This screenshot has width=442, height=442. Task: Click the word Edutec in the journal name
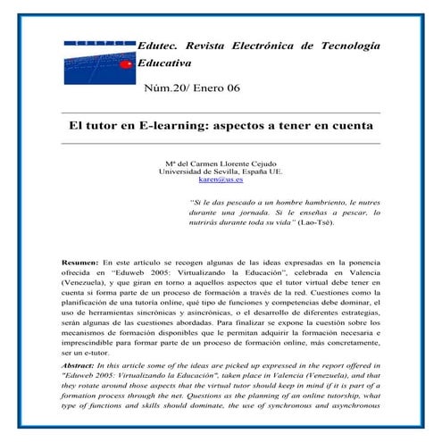click(x=157, y=46)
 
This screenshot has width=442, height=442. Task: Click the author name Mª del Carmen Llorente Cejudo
click(x=220, y=163)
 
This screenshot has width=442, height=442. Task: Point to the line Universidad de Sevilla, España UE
click(x=220, y=171)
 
